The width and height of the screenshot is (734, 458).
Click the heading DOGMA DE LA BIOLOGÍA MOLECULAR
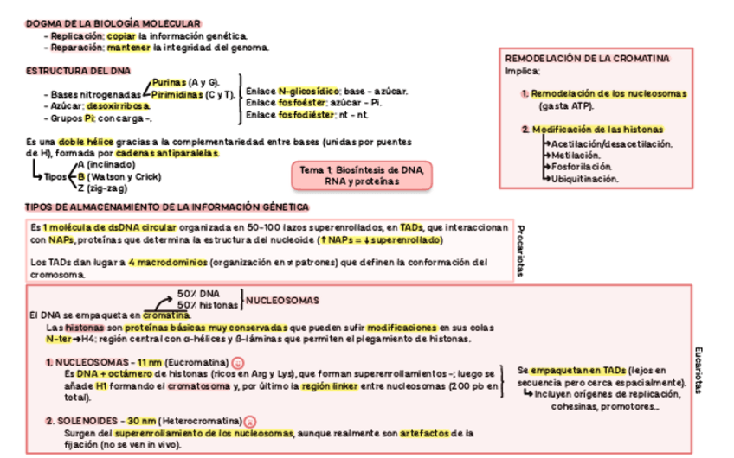(114, 23)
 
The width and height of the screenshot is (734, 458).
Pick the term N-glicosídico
(309, 91)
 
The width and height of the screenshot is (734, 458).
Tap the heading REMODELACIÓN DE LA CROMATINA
(587, 58)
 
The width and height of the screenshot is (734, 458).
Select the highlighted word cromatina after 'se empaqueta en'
(166, 315)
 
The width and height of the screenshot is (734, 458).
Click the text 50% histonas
(208, 305)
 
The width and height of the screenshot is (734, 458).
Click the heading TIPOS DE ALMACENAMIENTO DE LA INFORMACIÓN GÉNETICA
(167, 207)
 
